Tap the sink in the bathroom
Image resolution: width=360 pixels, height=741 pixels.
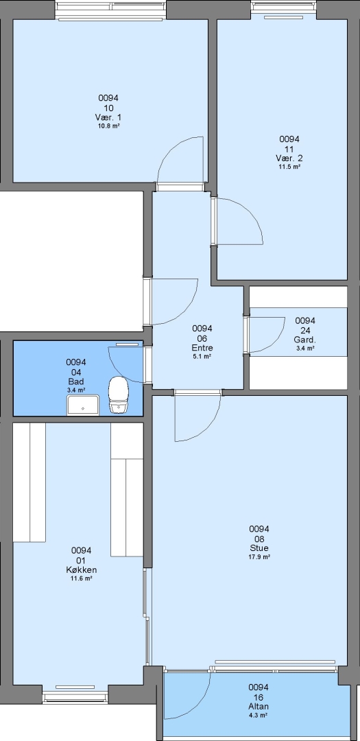(83, 405)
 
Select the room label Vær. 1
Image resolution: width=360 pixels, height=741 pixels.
(108, 117)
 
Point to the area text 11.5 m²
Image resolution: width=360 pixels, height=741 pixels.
(289, 166)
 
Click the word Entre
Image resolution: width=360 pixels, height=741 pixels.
(202, 348)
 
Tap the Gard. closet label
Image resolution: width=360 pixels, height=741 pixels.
(305, 340)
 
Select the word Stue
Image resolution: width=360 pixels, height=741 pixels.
(259, 548)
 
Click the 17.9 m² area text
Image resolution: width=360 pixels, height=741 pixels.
(259, 556)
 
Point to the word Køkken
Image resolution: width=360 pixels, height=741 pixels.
(82, 570)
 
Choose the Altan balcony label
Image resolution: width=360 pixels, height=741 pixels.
(259, 707)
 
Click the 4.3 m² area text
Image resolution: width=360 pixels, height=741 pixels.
(259, 716)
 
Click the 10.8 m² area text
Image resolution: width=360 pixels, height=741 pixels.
(108, 126)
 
